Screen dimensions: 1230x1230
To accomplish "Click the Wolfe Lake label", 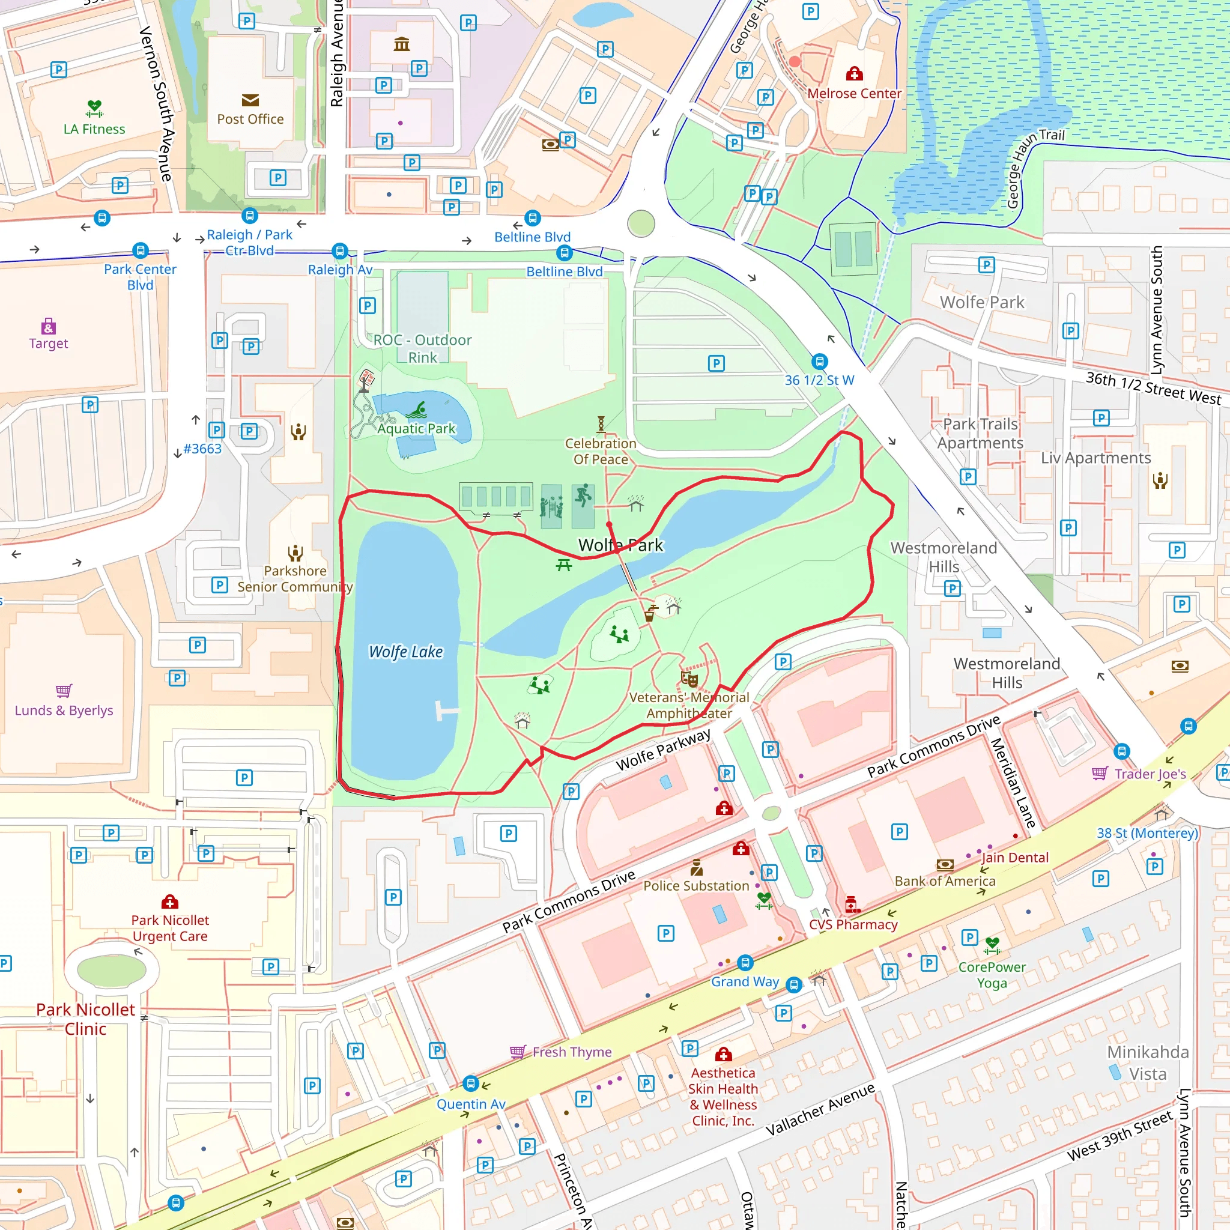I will pyautogui.click(x=405, y=651).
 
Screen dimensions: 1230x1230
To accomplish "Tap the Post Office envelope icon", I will pyautogui.click(x=250, y=100).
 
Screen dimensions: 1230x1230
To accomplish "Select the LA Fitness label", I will pyautogui.click(x=94, y=129).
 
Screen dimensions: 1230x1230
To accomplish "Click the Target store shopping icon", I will pyautogui.click(x=49, y=327).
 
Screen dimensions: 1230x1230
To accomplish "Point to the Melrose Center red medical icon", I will pyautogui.click(x=854, y=74).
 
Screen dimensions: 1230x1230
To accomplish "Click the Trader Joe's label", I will pyautogui.click(x=1150, y=774).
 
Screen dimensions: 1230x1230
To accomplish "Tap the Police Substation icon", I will pyautogui.click(x=697, y=867).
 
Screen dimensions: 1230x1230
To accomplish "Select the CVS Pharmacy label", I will pyautogui.click(x=853, y=924).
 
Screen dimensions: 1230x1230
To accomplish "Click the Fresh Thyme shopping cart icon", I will pyautogui.click(x=518, y=1051).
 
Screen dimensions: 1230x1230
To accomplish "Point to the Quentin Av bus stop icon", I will pyautogui.click(x=470, y=1082).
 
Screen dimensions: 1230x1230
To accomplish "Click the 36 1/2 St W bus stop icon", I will pyautogui.click(x=819, y=362).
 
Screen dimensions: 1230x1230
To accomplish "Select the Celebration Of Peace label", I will pyautogui.click(x=601, y=451).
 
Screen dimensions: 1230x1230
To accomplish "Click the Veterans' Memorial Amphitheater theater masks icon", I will pyautogui.click(x=689, y=679).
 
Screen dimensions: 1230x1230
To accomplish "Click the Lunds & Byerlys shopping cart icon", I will pyautogui.click(x=64, y=691).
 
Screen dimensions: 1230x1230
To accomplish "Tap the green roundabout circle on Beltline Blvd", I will pyautogui.click(x=640, y=223).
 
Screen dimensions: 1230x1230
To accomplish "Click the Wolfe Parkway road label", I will pyautogui.click(x=663, y=750).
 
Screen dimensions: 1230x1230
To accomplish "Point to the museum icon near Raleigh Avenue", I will pyautogui.click(x=402, y=44).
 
